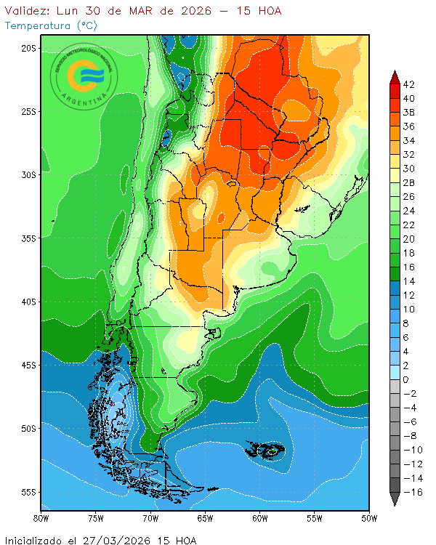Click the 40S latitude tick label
(28, 302)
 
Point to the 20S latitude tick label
(28, 48)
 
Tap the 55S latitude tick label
(28, 492)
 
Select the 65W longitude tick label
(205, 518)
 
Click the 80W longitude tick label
(41, 518)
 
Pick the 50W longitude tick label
(369, 518)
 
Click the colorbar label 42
(409, 84)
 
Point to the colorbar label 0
(405, 379)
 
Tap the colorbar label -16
(409, 492)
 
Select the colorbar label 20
(409, 239)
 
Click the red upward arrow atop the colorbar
(395, 76)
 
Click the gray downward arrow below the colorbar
(395, 499)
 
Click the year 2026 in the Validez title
(189, 11)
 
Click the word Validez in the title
(27, 11)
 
